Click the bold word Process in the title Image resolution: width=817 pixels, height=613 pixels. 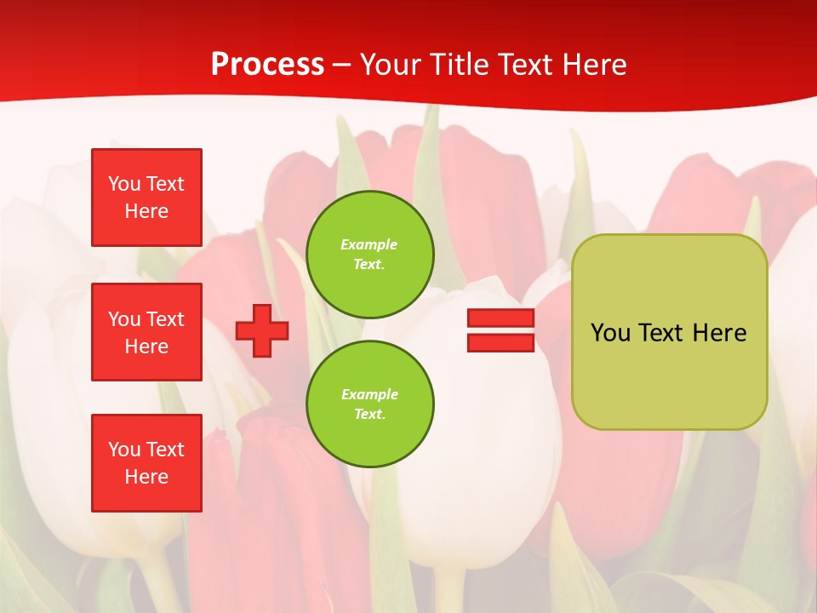tap(267, 65)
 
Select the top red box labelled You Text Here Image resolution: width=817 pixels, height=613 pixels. tap(146, 198)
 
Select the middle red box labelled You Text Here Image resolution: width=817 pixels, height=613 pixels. tap(146, 332)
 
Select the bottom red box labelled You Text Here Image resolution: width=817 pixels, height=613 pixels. tap(146, 463)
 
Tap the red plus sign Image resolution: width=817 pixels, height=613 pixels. tap(262, 331)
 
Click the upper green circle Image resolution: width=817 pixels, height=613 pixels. tap(369, 255)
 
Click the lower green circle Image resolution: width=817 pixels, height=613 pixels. tap(369, 404)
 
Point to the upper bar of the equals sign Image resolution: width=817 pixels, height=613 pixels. tap(500, 318)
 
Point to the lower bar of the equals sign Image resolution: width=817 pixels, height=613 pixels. tap(500, 343)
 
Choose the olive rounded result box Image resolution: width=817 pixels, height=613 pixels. tap(669, 375)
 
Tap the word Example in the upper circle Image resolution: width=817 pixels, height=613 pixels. tap(369, 244)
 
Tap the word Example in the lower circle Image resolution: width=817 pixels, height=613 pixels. tap(369, 394)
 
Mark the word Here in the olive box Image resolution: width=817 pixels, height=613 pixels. tap(719, 333)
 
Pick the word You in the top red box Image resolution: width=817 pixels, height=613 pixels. tap(123, 184)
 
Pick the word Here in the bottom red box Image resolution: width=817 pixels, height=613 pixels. tap(146, 477)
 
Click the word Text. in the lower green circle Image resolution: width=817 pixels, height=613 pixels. tap(369, 415)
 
